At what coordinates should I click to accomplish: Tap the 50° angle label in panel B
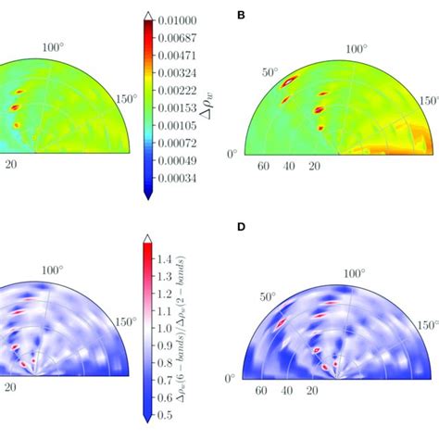pos(270,70)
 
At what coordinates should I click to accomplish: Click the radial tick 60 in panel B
pos(264,167)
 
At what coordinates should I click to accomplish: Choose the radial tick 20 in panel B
pos(315,167)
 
